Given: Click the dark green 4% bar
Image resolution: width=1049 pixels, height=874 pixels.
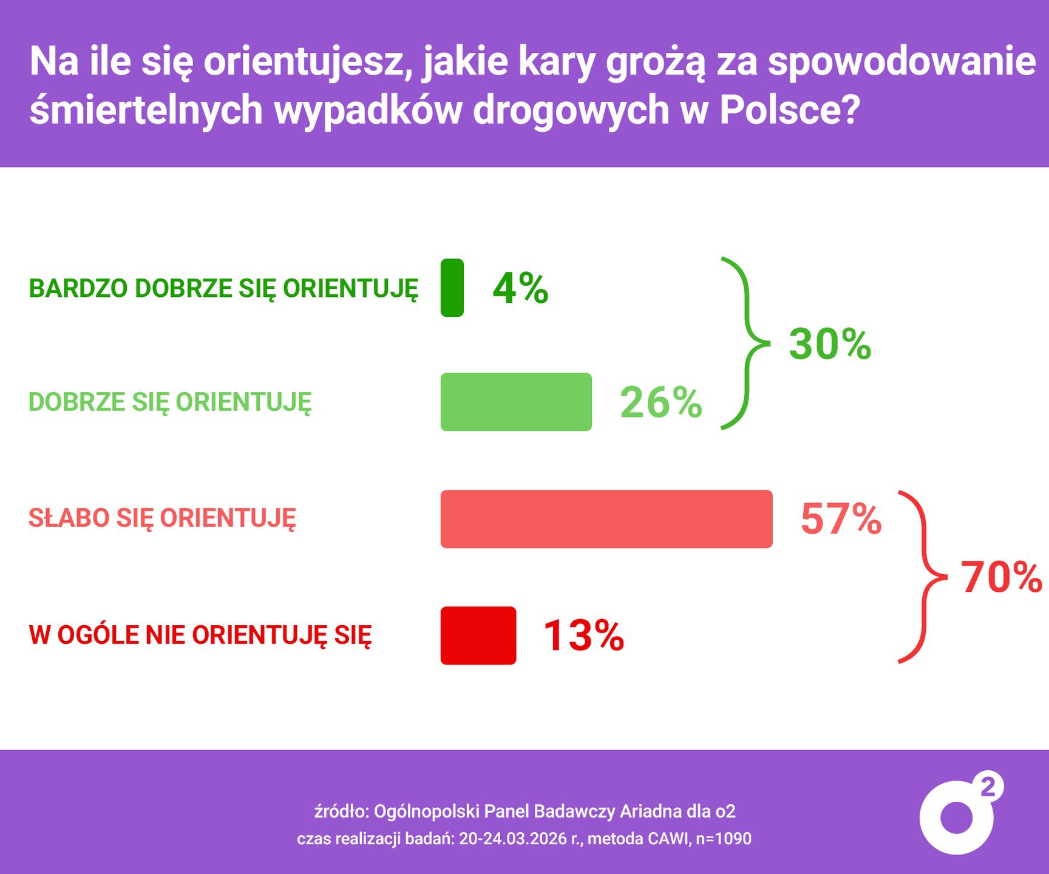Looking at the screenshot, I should (x=452, y=288).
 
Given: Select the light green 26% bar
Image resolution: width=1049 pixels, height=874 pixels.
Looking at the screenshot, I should (x=516, y=402).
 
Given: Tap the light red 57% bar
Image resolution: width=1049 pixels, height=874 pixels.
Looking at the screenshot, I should (x=606, y=519).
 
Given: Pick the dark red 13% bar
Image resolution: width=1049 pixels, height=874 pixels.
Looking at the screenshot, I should (x=478, y=635).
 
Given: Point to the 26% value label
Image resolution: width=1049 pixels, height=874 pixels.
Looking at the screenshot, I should (x=660, y=402).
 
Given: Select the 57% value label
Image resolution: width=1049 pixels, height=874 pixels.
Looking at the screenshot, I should (x=841, y=519).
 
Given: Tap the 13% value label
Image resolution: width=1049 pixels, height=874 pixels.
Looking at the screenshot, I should (x=583, y=635).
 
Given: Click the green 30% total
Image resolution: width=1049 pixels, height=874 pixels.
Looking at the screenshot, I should (x=830, y=344).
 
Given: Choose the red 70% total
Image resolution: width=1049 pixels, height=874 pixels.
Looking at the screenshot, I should (x=1001, y=577).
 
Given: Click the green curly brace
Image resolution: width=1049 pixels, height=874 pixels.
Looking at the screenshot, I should (x=746, y=344).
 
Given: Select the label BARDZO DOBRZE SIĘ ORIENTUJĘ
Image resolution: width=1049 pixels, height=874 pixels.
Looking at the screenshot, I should (x=223, y=289).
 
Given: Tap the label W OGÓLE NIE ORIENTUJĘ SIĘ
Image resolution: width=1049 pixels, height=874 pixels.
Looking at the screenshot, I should (x=200, y=635).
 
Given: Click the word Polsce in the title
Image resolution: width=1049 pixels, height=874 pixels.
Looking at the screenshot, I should (x=789, y=110).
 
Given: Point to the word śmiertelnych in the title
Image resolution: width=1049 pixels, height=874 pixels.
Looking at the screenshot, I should (x=146, y=110).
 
